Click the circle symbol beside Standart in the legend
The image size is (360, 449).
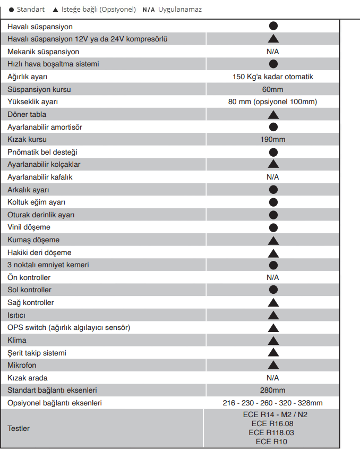(11, 10)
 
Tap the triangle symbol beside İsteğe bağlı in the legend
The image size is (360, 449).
(56, 10)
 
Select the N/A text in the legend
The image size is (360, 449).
(149, 10)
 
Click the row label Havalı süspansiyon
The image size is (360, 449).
(40, 27)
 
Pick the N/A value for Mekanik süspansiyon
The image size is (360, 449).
(273, 52)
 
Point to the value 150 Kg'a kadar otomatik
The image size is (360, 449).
(273, 77)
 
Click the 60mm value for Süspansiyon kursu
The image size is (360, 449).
(273, 89)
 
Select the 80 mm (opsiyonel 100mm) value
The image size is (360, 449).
(273, 102)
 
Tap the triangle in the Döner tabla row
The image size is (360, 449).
(273, 114)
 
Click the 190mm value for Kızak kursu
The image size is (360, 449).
(273, 139)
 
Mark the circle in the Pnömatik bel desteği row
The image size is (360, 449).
(273, 152)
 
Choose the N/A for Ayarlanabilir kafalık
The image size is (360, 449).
(273, 177)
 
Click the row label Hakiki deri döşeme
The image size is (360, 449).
(39, 252)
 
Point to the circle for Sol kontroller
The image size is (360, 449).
(273, 290)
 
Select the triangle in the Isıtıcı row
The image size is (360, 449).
(273, 315)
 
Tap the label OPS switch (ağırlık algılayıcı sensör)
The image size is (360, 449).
(69, 327)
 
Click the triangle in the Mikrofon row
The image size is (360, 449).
(273, 365)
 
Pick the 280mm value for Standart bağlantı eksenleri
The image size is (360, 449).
(273, 391)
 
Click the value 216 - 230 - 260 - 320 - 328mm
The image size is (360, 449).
(273, 403)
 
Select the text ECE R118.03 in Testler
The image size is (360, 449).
(272, 433)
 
